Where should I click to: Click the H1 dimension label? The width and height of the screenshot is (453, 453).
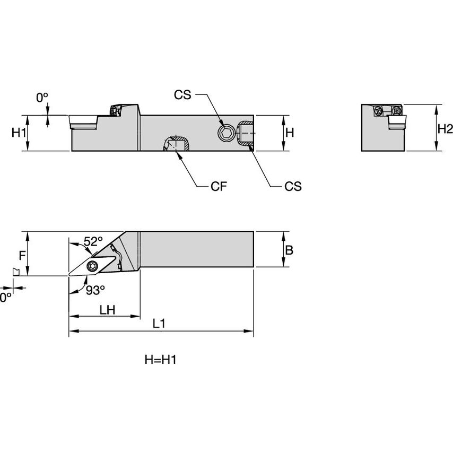click(x=19, y=133)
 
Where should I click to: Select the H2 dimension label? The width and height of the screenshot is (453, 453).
click(x=445, y=128)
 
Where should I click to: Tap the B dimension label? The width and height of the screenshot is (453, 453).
click(x=289, y=250)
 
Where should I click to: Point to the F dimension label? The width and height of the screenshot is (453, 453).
click(x=22, y=255)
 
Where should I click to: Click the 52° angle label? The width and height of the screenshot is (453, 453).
click(x=93, y=241)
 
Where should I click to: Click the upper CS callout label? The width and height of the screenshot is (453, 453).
click(x=182, y=95)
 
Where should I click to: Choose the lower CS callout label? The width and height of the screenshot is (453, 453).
click(x=292, y=186)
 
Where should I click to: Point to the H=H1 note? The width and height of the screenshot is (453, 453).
click(x=160, y=360)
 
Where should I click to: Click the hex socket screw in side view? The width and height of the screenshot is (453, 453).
click(x=225, y=134)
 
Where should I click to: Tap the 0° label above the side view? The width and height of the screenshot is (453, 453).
click(x=42, y=98)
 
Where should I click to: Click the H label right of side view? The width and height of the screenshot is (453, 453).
click(x=289, y=133)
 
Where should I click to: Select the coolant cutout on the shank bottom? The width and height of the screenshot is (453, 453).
click(x=176, y=143)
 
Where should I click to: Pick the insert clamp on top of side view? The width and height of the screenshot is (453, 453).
click(x=115, y=110)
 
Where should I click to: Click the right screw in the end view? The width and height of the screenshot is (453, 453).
click(x=396, y=111)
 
